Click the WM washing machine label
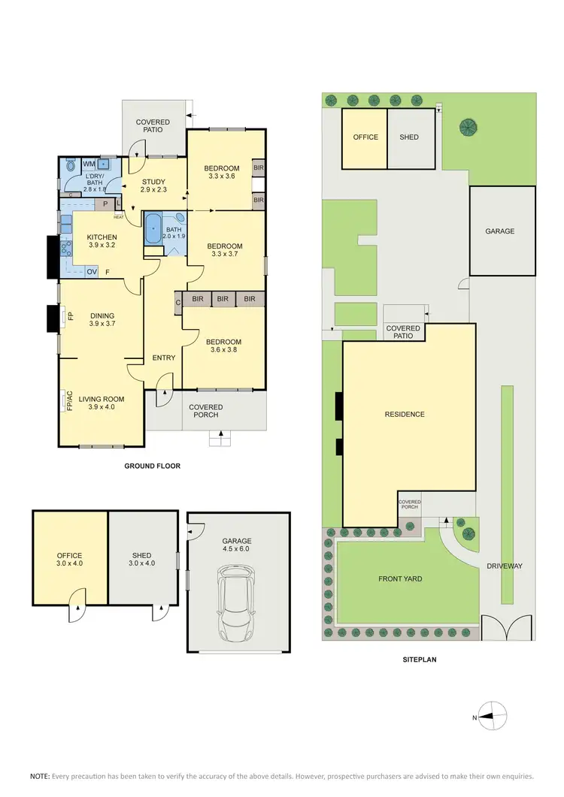pyautogui.click(x=89, y=164)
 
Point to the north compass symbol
pyautogui.click(x=493, y=717)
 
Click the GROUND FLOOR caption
pyautogui.click(x=152, y=466)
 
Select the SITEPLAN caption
pyautogui.click(x=420, y=660)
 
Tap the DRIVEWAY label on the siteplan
pyautogui.click(x=504, y=566)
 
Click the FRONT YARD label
pyautogui.click(x=399, y=579)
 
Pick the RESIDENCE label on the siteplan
pyautogui.click(x=405, y=414)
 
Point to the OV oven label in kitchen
pyautogui.click(x=92, y=272)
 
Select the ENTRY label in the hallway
pyautogui.click(x=163, y=358)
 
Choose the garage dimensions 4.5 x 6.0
pyautogui.click(x=237, y=550)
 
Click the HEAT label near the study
pyautogui.click(x=119, y=218)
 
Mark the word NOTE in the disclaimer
pyautogui.click(x=39, y=776)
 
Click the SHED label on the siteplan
pyautogui.click(x=409, y=137)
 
